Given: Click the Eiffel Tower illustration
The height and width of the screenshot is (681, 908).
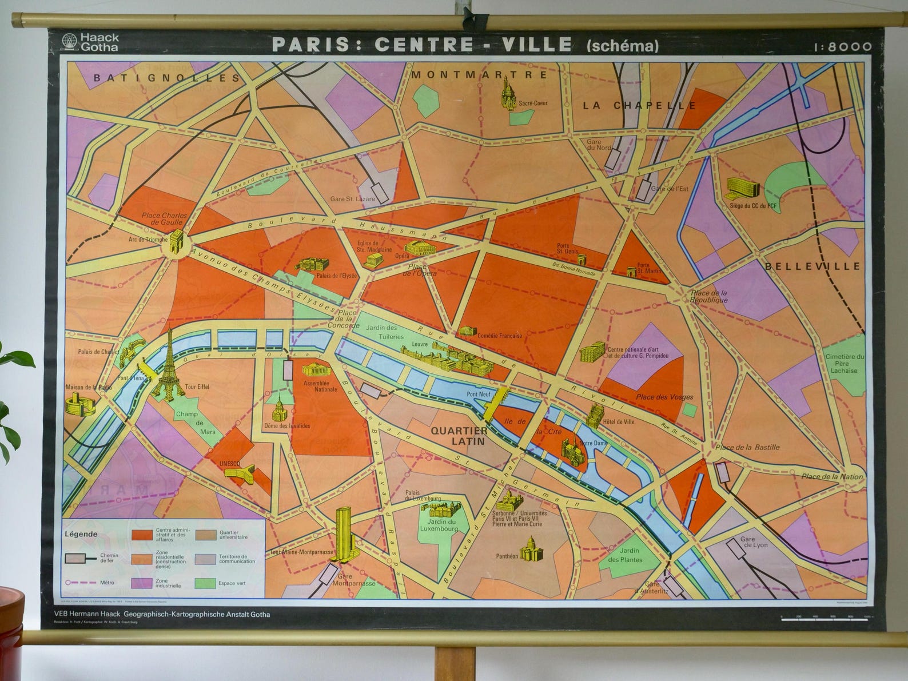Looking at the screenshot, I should click(x=168, y=363).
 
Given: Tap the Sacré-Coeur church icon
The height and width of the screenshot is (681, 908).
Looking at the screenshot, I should click(x=508, y=93).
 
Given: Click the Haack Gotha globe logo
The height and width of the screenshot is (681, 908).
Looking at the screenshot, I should click(x=69, y=42).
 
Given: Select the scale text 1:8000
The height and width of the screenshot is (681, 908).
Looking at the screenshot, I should click(x=843, y=47).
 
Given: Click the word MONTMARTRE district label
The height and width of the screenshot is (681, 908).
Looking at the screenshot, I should click(x=479, y=75).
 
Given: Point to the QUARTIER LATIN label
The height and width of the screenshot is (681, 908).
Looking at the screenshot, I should click(x=459, y=436).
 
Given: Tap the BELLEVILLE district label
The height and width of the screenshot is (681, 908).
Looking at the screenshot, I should click(x=813, y=266).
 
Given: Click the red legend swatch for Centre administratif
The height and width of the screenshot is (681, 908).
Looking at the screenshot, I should click(x=142, y=535).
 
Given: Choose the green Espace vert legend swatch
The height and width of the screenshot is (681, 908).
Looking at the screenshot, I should click(x=205, y=583).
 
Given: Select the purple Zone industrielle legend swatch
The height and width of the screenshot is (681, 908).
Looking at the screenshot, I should click(x=142, y=583).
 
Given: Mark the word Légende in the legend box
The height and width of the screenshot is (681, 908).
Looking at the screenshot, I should click(x=81, y=534).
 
